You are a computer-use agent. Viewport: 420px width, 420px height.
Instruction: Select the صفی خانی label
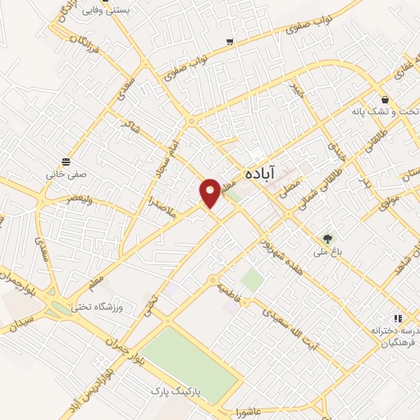coord(66,174)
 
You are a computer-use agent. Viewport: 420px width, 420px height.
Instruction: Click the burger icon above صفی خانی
coord(66,160)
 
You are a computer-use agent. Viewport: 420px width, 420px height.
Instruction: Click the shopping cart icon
coord(231,41)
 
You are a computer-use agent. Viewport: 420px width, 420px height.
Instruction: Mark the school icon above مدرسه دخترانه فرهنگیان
coord(397,317)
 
